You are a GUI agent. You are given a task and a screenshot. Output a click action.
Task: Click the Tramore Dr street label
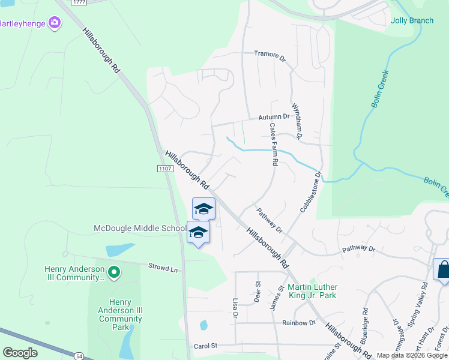271,54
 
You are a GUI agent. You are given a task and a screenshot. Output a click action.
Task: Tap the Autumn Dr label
274,117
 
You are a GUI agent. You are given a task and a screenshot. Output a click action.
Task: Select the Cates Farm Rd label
274,145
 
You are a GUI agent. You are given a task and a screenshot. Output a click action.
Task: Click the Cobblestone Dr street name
311,192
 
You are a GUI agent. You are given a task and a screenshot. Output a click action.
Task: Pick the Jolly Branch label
412,20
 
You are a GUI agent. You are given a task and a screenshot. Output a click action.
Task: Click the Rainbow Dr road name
298,323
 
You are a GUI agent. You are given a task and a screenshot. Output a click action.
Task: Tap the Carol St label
205,346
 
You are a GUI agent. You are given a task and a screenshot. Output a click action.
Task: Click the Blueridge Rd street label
364,325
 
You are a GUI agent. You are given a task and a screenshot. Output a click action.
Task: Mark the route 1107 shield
166,169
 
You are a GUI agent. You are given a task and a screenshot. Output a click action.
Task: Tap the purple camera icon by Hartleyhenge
55,23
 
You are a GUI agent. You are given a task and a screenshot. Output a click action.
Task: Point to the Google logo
20,353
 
